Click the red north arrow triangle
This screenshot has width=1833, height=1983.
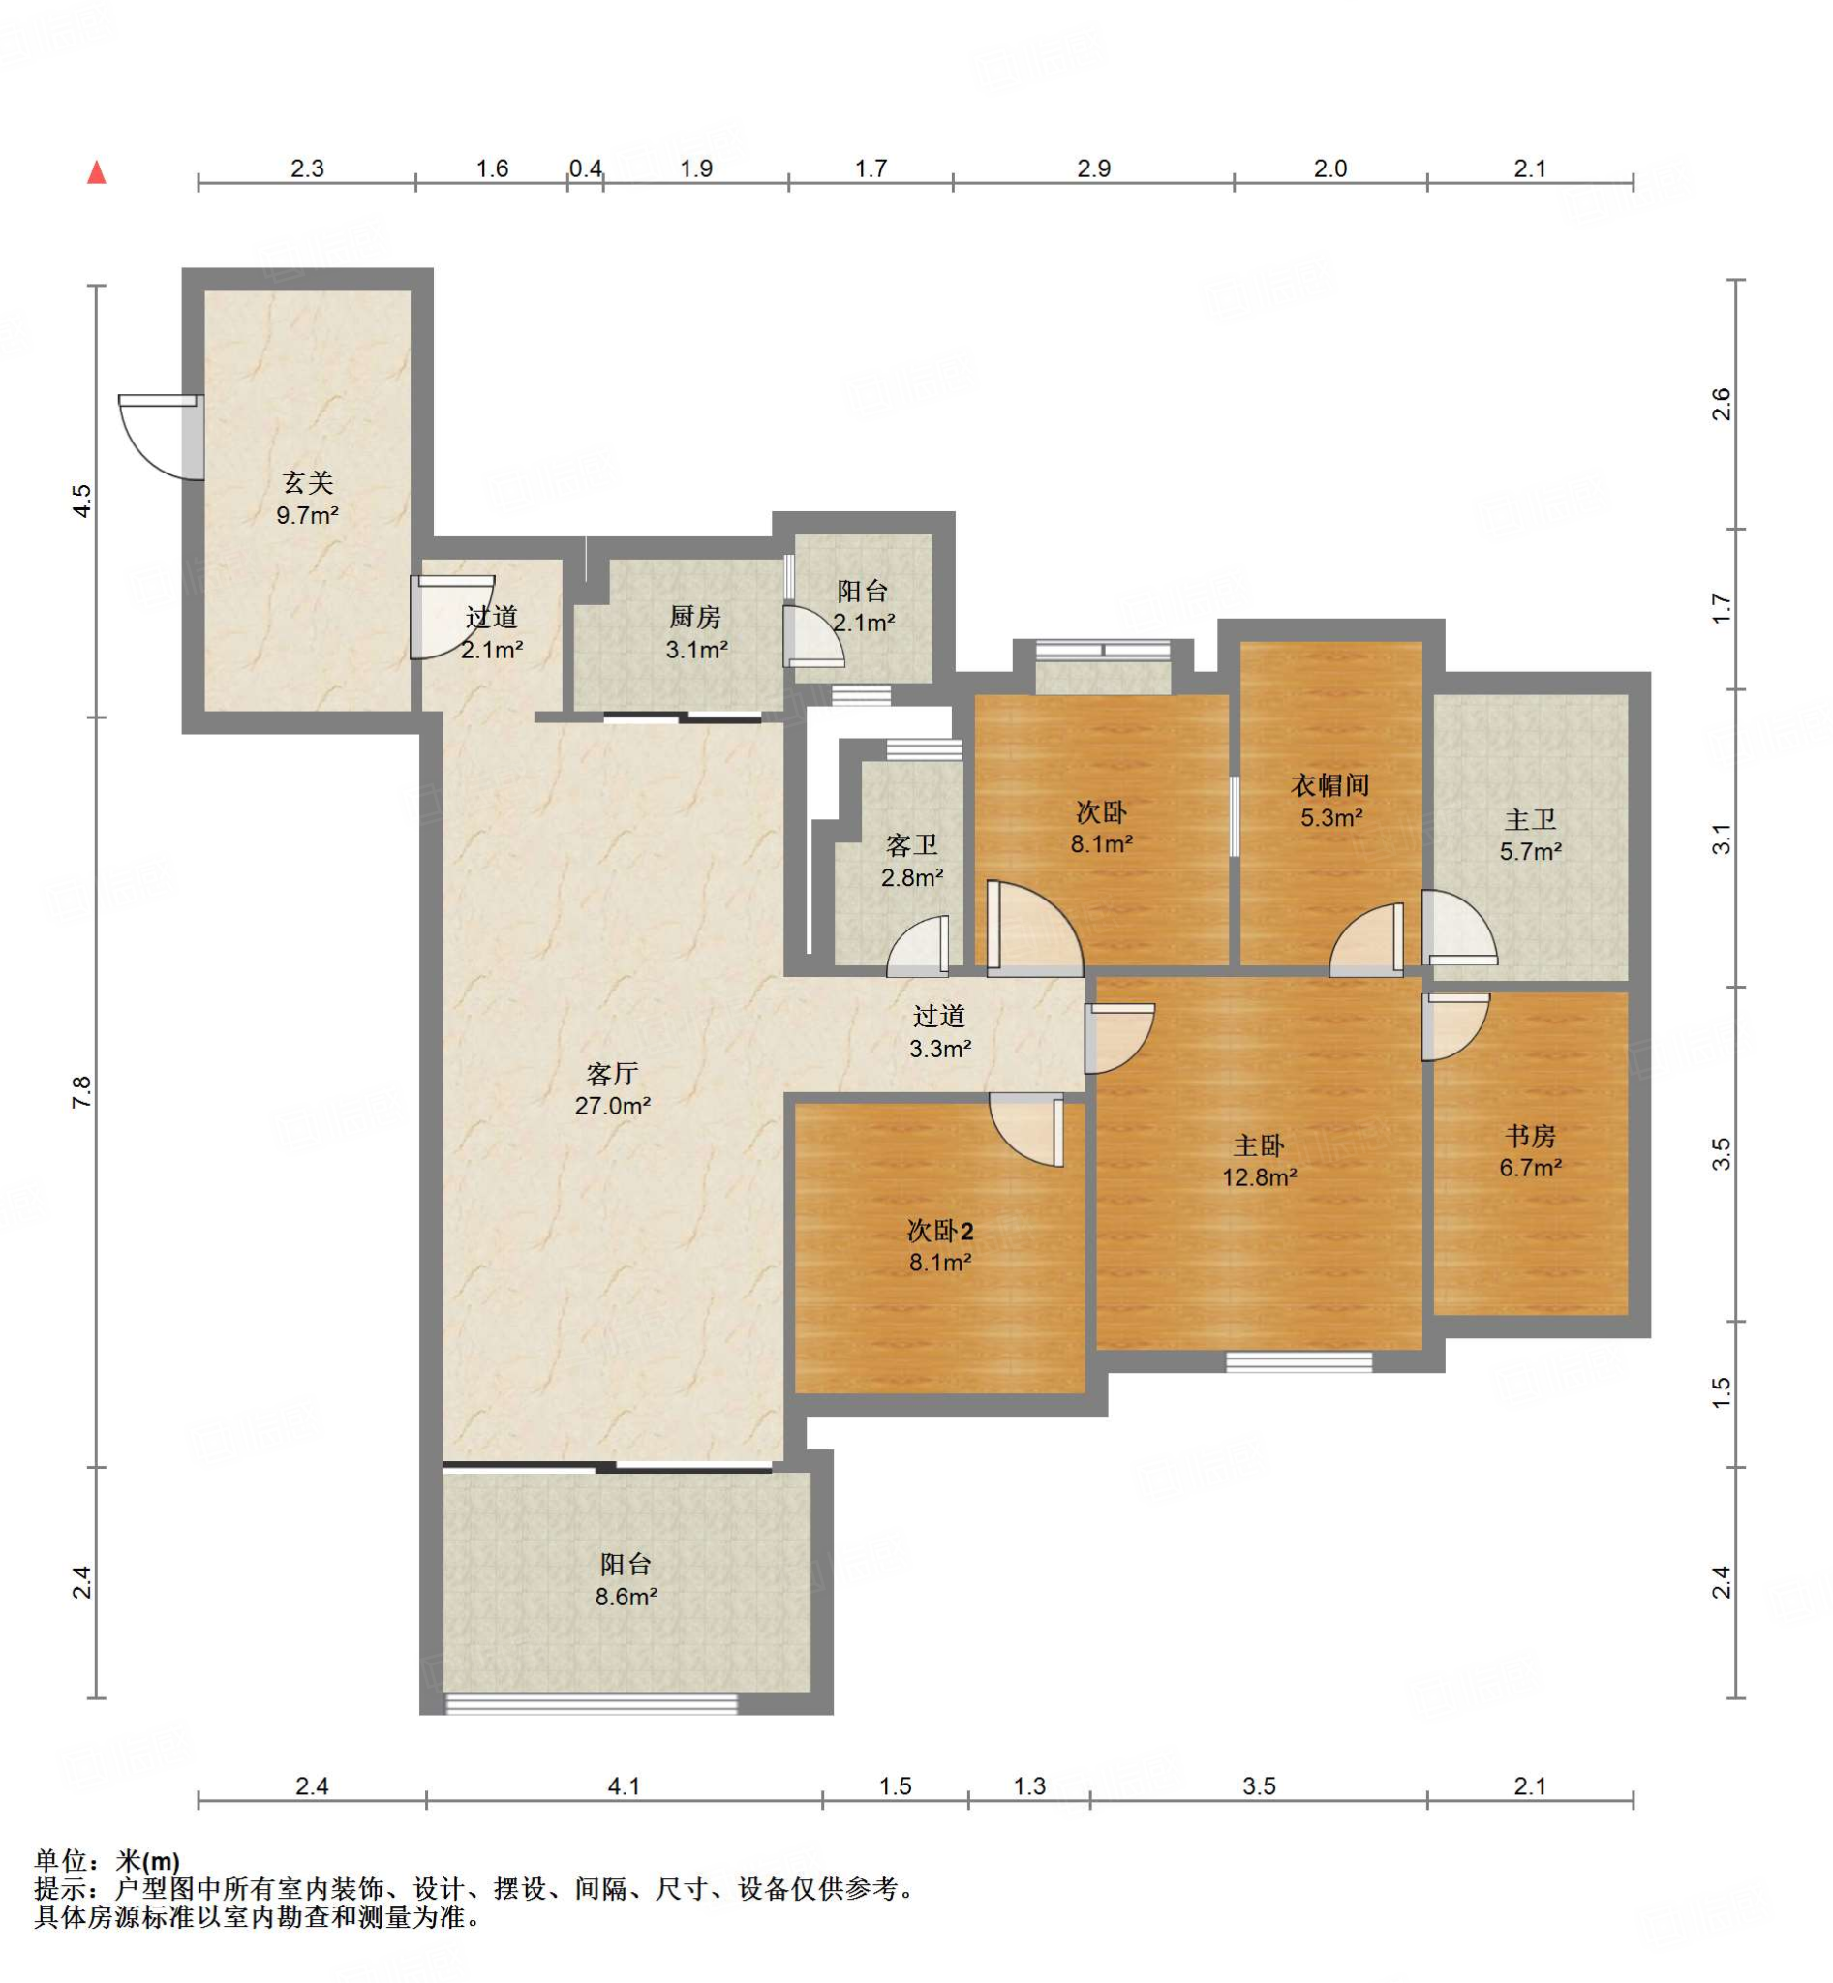coord(96,172)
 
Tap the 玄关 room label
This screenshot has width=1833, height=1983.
coord(308,483)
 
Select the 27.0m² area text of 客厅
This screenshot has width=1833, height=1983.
coord(612,1105)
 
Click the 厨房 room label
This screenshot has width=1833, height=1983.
coord(694,617)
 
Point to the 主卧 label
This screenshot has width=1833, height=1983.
coord(1259,1145)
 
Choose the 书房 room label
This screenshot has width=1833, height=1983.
coord(1531,1136)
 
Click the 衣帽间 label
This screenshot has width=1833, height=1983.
coord(1330,785)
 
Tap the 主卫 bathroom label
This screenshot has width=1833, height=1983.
coord(1531,819)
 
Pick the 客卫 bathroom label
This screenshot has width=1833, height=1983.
coord(911,845)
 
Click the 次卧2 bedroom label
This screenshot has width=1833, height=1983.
coord(940,1231)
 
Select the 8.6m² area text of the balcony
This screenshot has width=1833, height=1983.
coord(626,1596)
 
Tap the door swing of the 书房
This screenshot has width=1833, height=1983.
coord(1456,1026)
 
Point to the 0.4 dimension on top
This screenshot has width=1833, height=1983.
coord(585,168)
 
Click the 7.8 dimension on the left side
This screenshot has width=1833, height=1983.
coord(81,1092)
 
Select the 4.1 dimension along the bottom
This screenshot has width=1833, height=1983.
coord(624,1786)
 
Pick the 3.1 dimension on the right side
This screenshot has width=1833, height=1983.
coord(1722,839)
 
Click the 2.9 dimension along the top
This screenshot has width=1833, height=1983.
coord(1094,168)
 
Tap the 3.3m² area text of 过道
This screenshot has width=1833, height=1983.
coord(940,1049)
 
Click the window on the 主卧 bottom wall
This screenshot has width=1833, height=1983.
coord(1299,1363)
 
